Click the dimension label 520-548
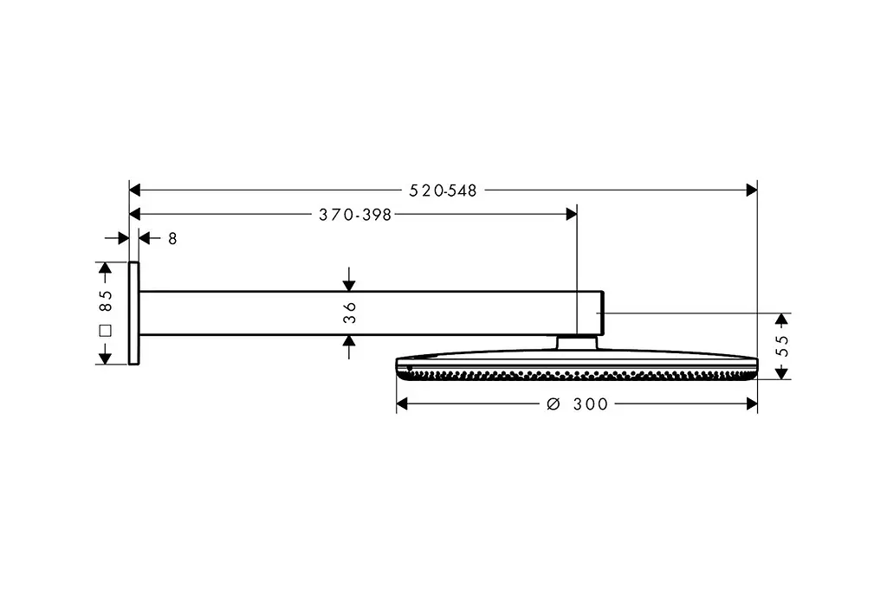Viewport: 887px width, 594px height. pyautogui.click(x=443, y=190)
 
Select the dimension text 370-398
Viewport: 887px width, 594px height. pyautogui.click(x=355, y=215)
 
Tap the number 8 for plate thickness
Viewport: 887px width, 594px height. pyautogui.click(x=172, y=239)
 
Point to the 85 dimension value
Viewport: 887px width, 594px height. pyautogui.click(x=106, y=301)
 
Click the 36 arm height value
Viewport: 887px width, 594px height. pyautogui.click(x=350, y=313)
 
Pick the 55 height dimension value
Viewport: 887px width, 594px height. pyautogui.click(x=782, y=345)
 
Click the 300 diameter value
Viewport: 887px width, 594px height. pyautogui.click(x=591, y=404)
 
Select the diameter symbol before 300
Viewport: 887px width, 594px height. pyautogui.click(x=554, y=404)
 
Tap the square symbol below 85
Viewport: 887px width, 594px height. pyautogui.click(x=105, y=331)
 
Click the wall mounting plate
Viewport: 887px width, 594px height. pyautogui.click(x=134, y=313)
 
